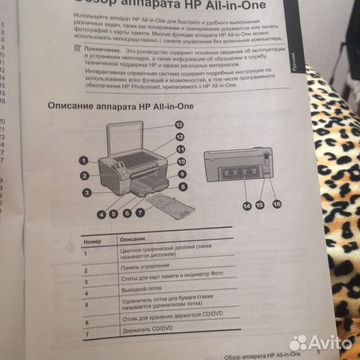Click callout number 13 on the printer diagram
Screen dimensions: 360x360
pyautogui.click(x=179, y=125)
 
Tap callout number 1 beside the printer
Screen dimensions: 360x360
pyautogui.click(x=83, y=160)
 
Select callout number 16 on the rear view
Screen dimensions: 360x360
pyautogui.click(x=276, y=204)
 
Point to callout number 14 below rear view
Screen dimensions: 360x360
pyautogui.click(x=247, y=207)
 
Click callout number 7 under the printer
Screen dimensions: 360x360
pyautogui.click(x=141, y=213)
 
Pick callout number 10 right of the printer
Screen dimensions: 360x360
pyautogui.click(x=181, y=162)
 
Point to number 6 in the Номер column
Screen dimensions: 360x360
pyautogui.click(x=87, y=323)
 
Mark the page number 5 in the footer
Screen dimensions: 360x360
pyautogui.click(x=319, y=353)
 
